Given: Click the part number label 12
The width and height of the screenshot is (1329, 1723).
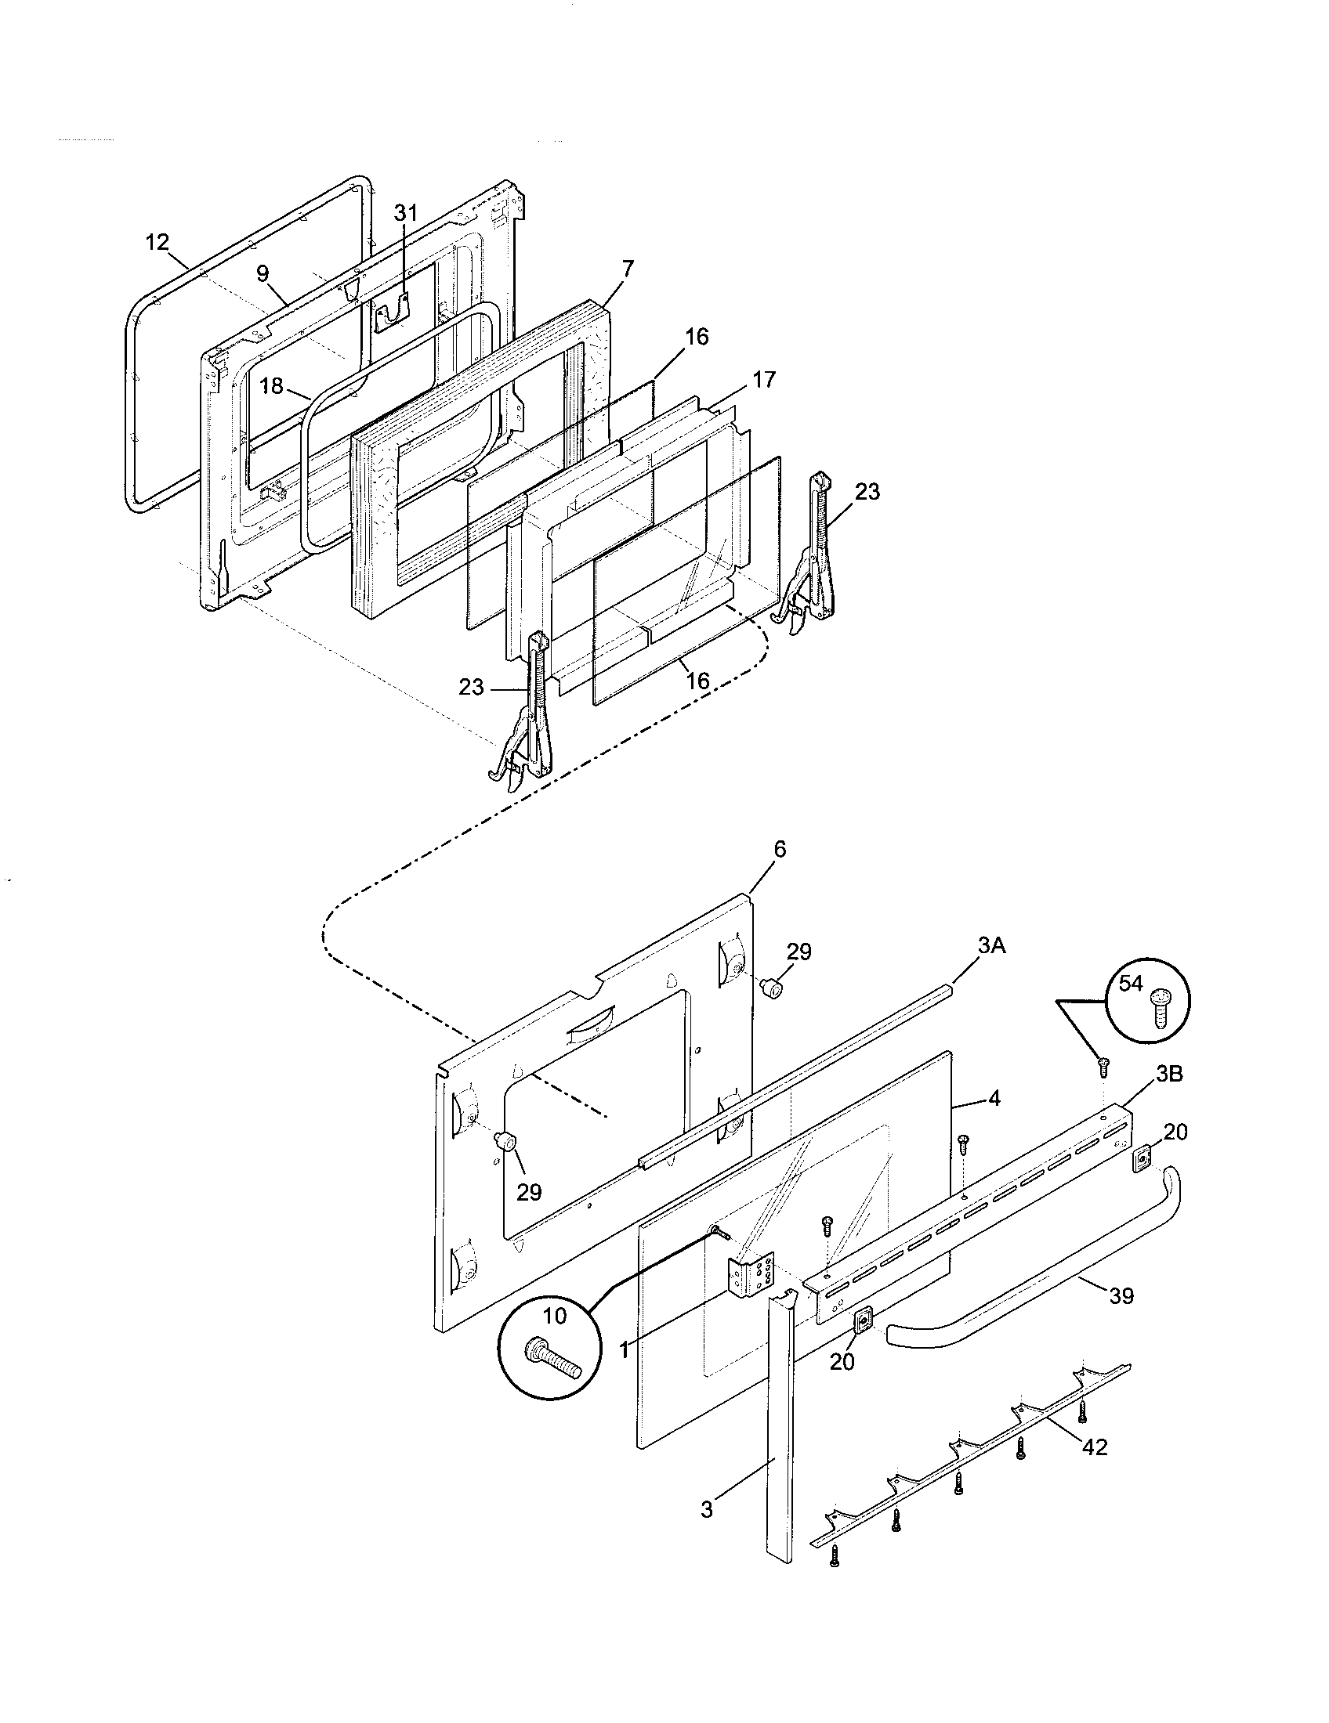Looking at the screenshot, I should (x=158, y=242).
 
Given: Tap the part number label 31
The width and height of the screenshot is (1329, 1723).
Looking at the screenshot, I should (x=406, y=213).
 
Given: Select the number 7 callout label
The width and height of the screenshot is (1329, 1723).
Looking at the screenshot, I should (x=628, y=269).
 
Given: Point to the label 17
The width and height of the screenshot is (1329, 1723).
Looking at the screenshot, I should (x=764, y=380).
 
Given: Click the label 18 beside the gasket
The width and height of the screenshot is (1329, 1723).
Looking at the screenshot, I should (x=270, y=387).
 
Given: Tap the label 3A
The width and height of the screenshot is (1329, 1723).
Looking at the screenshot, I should (x=991, y=945).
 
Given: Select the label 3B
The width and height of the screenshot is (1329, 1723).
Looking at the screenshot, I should (x=1169, y=1074).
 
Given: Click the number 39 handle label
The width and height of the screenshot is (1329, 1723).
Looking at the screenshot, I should (x=1121, y=1295).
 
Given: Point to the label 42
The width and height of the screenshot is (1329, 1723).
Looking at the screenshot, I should (x=1095, y=1447).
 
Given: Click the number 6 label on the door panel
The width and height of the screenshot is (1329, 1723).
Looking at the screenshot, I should (x=780, y=850).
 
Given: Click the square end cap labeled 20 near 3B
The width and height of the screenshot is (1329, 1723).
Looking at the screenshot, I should (x=1142, y=1158).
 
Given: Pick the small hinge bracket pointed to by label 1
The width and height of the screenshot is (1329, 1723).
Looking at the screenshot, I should (x=750, y=1276).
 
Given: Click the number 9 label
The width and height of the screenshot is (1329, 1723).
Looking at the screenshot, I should (x=262, y=274).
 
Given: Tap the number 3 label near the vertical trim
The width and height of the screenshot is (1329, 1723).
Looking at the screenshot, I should (x=706, y=1509).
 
